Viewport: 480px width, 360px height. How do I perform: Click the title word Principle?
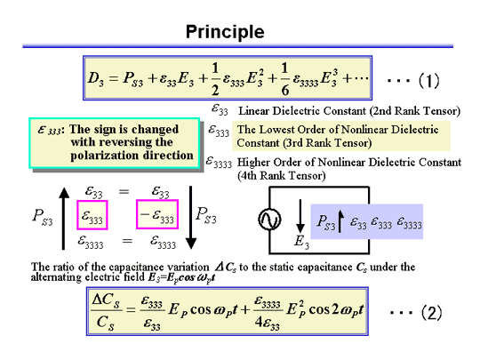click(x=225, y=32)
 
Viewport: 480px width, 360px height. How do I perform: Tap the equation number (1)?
click(x=428, y=81)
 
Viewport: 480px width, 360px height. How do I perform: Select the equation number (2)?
click(x=432, y=313)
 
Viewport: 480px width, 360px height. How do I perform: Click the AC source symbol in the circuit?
click(x=269, y=220)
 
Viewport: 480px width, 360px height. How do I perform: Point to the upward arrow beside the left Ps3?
click(x=64, y=219)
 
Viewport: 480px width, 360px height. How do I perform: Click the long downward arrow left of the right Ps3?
click(x=191, y=218)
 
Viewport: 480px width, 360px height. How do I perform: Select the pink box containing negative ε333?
click(x=157, y=214)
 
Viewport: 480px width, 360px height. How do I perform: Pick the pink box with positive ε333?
click(x=92, y=215)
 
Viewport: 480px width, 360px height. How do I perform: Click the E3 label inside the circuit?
click(x=301, y=241)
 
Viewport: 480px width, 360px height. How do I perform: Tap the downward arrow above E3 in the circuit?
click(x=300, y=216)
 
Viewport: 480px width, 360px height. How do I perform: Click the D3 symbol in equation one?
click(x=95, y=78)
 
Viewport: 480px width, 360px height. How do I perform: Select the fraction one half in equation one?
click(x=215, y=79)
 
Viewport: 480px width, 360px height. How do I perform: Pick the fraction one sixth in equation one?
click(x=284, y=79)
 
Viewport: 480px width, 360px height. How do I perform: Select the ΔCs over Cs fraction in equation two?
click(x=106, y=312)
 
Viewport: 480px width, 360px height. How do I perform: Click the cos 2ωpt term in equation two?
click(x=336, y=310)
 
